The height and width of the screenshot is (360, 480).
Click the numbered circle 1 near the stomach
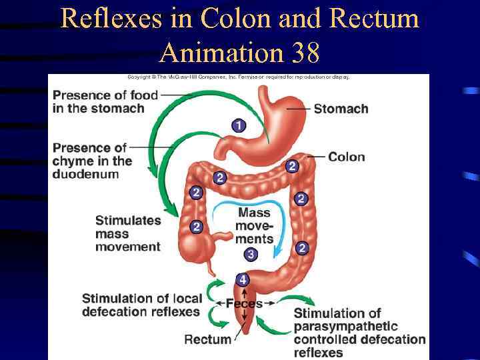click(x=239, y=125)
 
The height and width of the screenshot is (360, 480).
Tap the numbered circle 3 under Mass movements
click(x=251, y=254)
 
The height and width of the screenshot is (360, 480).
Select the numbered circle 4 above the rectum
click(x=243, y=280)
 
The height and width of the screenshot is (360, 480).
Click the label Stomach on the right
click(x=341, y=109)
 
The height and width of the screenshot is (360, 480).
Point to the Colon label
click(x=347, y=157)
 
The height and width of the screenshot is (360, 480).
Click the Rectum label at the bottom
click(x=207, y=339)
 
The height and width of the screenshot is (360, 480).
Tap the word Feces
click(x=244, y=304)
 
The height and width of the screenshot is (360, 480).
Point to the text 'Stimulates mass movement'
click(x=128, y=233)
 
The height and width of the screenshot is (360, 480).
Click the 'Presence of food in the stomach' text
click(x=105, y=101)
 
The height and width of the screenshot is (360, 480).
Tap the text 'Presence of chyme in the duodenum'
click(x=93, y=161)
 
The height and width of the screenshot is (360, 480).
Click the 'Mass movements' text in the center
click(x=254, y=225)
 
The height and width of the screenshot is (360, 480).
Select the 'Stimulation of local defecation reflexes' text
click(x=141, y=305)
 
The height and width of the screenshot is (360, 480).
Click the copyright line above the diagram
click(x=238, y=77)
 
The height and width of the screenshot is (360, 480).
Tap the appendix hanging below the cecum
click(x=211, y=266)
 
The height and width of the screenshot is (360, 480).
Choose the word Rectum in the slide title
click(x=374, y=18)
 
